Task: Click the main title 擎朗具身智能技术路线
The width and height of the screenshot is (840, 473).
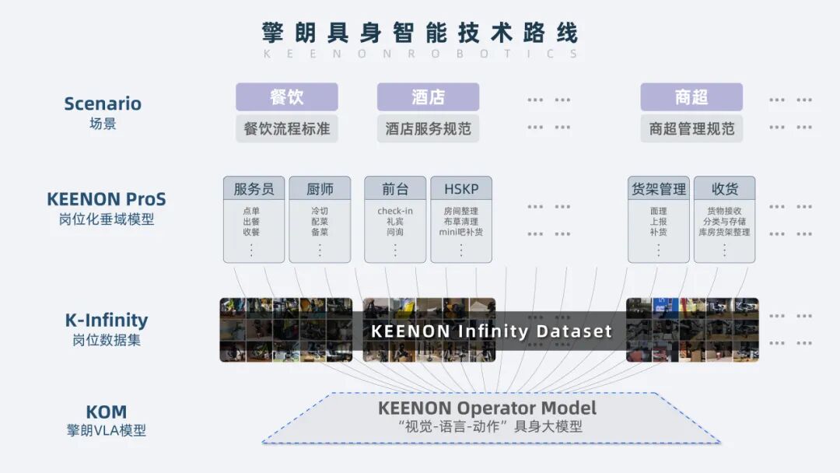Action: [x=420, y=33]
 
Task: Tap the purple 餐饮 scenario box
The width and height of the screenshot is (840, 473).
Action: [x=287, y=97]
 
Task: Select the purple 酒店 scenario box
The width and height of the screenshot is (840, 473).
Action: [x=428, y=97]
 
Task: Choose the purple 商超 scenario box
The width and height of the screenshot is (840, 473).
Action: [x=691, y=97]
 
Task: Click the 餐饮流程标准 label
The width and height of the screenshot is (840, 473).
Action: [x=287, y=128]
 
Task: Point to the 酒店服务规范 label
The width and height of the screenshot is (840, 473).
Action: [x=428, y=128]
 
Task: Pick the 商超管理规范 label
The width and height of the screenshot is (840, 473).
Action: [x=691, y=128]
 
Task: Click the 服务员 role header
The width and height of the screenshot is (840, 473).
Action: [x=254, y=189]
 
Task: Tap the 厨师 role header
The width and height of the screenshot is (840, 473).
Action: [x=320, y=189]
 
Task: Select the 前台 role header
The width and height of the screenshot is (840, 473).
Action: [x=395, y=189]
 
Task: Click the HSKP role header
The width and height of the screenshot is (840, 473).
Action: [x=461, y=189]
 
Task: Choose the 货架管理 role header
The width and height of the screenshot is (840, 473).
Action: [x=658, y=189]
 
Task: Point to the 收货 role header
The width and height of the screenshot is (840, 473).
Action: [x=724, y=189]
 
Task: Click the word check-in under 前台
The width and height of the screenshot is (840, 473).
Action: [x=395, y=211]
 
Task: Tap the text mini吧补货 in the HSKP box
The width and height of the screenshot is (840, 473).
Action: [x=461, y=232]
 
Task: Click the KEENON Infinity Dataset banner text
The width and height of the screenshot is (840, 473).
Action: [x=492, y=331]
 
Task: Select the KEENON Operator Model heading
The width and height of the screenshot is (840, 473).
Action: [x=488, y=408]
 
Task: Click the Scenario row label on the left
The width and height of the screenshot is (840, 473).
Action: [x=103, y=103]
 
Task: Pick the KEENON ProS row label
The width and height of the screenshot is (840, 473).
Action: [x=107, y=199]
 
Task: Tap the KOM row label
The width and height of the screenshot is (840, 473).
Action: [x=107, y=412]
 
